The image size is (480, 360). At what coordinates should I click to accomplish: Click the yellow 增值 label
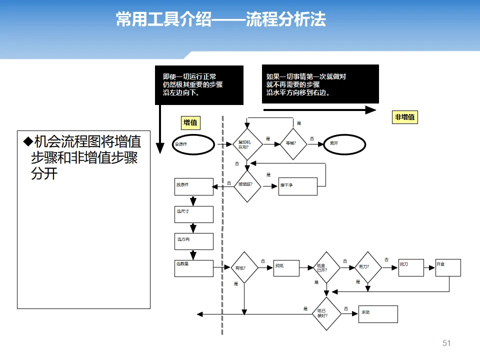coord(190,122)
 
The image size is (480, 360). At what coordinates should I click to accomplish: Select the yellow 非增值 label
coord(404,117)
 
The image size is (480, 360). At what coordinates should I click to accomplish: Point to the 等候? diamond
coord(293,144)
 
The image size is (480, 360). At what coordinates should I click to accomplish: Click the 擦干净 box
coord(297,186)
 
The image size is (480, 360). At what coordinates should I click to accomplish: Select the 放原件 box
coord(194,186)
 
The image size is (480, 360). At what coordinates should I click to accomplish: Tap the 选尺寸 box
coord(194,214)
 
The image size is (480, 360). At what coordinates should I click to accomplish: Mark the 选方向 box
coord(194,241)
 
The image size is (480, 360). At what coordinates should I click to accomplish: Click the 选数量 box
coord(194,268)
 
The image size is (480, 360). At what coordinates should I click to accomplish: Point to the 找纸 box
coord(286,268)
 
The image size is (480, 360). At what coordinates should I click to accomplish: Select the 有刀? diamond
coord(367,267)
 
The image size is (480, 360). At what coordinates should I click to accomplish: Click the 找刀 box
coord(411,267)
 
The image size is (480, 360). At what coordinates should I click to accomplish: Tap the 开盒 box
coord(448,267)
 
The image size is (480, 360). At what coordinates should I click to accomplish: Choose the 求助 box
coord(378,314)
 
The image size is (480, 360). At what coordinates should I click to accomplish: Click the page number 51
coord(446,343)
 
